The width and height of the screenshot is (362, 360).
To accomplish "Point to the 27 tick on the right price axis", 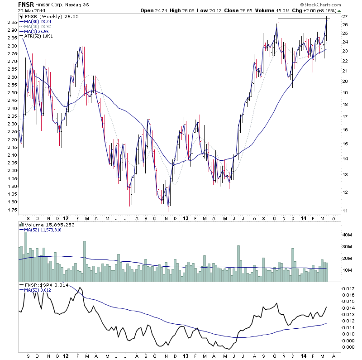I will [x=344, y=17].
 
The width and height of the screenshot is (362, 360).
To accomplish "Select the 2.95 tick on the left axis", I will [x=12, y=22].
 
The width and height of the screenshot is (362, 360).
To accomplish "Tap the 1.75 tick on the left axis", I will [x=12, y=210].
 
